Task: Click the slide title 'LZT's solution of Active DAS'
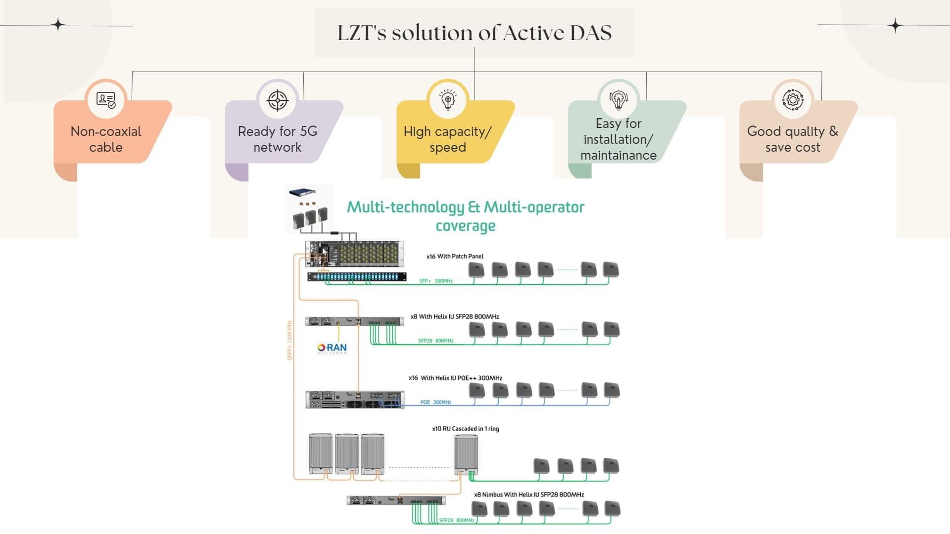coord(474,33)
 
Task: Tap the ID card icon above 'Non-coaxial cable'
coord(106,100)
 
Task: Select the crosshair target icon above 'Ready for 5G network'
coord(278,100)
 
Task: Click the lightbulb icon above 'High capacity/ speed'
coord(448,100)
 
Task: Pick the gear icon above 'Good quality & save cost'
coord(793,100)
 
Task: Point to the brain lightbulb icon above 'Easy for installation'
coord(618,100)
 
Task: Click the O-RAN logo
coord(332,348)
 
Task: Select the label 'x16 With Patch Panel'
coord(455,256)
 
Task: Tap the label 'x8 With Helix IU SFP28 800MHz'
coord(454,316)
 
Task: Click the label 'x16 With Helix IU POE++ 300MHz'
coord(455,378)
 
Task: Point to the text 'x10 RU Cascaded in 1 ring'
coord(465,429)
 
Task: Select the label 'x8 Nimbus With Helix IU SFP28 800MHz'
coord(528,494)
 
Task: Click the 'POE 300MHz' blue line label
coord(435,402)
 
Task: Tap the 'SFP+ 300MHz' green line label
coord(435,281)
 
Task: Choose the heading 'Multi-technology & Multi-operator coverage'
coord(465,216)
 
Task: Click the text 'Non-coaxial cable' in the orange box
coord(106,139)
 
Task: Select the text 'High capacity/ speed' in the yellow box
coord(447,139)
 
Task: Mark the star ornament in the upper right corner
coord(895,25)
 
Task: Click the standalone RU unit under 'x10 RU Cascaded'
coord(466,454)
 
